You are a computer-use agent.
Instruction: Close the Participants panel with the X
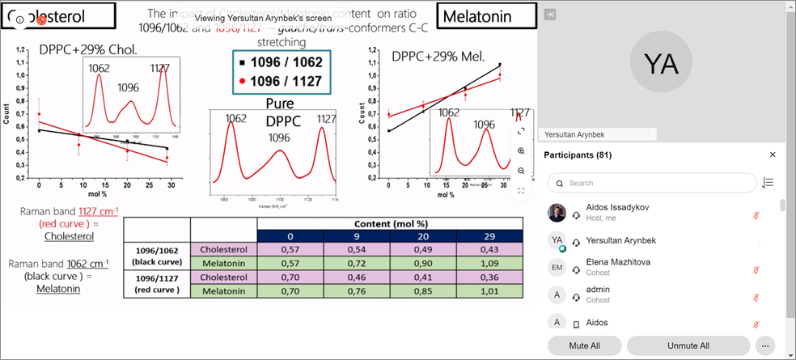pos(773,155)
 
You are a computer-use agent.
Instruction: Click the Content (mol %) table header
pos(390,222)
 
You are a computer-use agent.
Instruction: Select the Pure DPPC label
pos(279,112)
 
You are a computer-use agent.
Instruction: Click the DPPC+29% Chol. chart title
pos(88,50)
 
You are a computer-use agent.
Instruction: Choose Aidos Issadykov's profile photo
pos(557,213)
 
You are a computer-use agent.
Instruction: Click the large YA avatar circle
pos(660,64)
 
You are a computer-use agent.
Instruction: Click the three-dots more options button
pos(763,345)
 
